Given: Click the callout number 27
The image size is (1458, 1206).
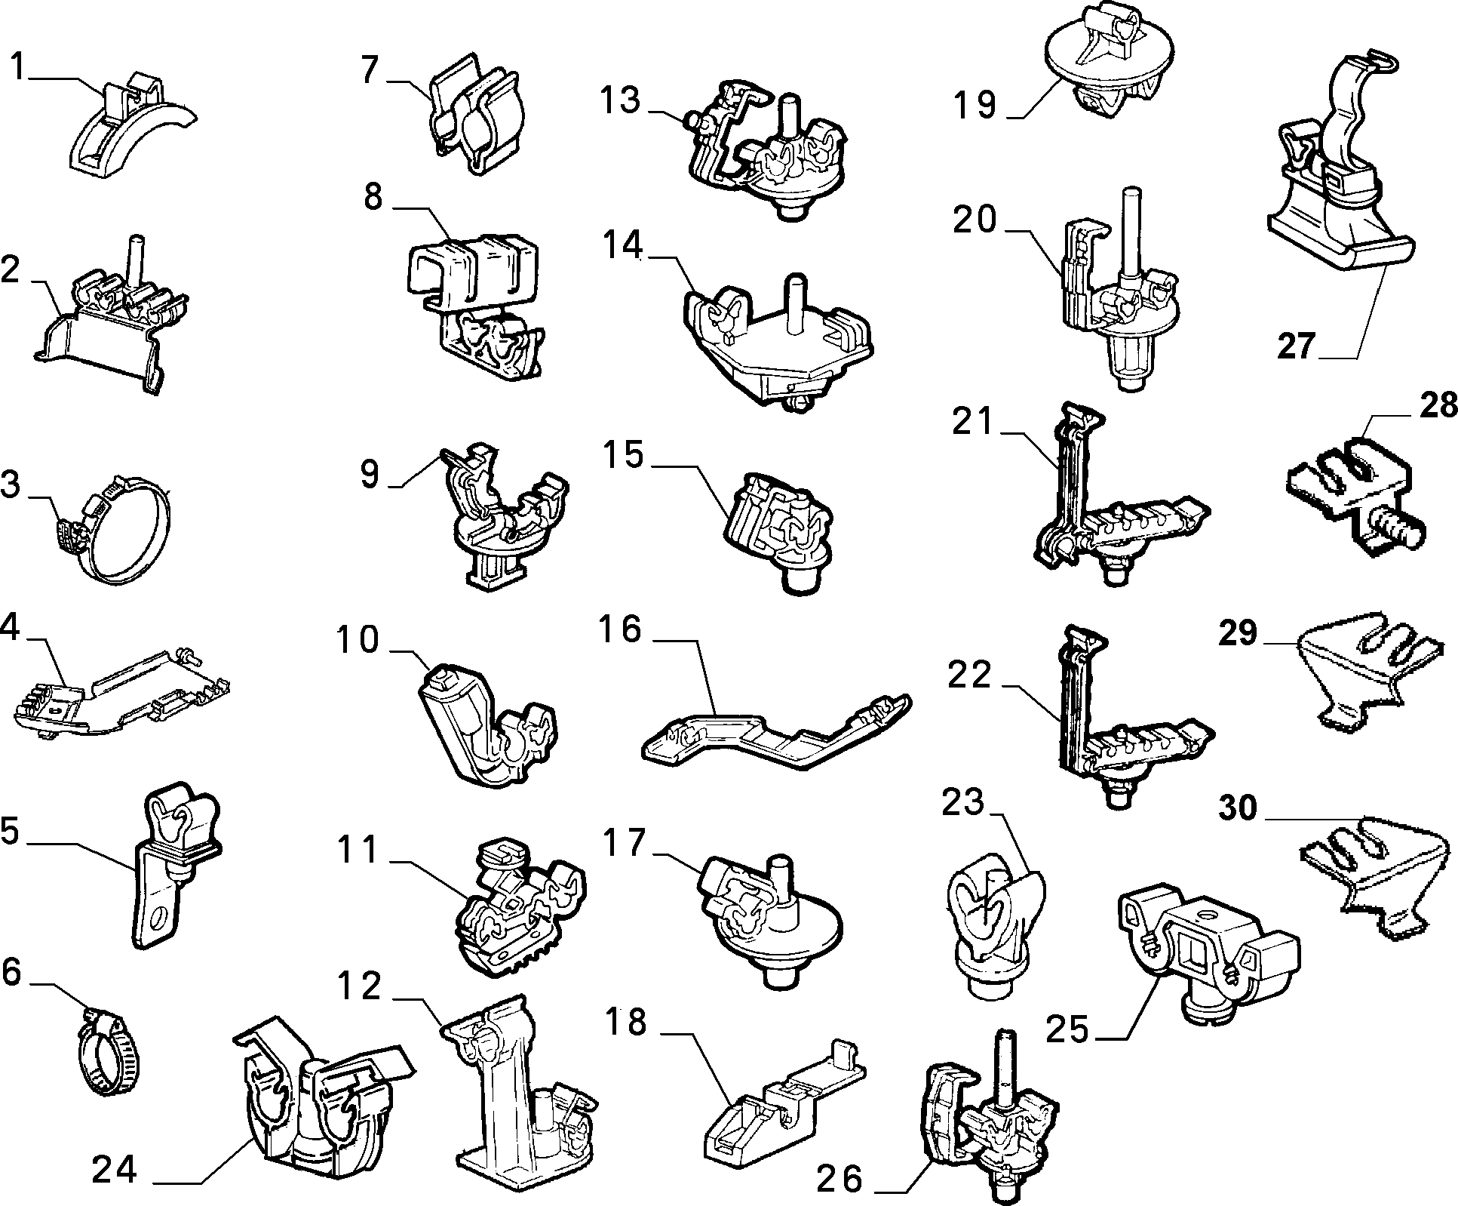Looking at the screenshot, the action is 1296,346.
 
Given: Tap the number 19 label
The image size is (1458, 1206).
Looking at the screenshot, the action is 975,105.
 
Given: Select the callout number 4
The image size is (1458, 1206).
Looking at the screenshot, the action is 9,627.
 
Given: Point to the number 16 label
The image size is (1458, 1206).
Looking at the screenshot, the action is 621,629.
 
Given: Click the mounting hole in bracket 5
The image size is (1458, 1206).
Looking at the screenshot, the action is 159,919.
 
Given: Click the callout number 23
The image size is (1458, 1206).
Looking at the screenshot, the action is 963,801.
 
